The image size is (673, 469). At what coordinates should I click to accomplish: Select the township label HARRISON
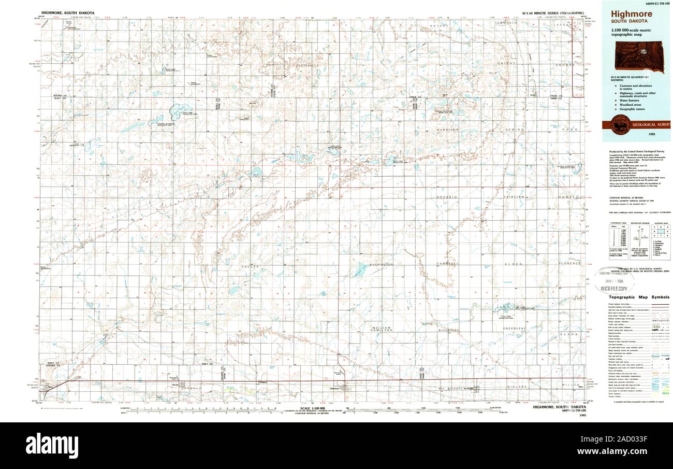448,130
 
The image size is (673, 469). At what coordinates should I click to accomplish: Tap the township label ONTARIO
447,197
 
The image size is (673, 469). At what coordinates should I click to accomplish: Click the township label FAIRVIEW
515,197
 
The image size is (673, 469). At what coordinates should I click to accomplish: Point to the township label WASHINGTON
382,265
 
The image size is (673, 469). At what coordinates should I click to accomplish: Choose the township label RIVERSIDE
448,330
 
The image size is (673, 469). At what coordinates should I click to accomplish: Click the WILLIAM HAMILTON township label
381,330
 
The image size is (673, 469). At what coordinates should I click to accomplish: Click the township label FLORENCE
569,263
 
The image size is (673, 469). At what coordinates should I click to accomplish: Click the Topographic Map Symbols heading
638,297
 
